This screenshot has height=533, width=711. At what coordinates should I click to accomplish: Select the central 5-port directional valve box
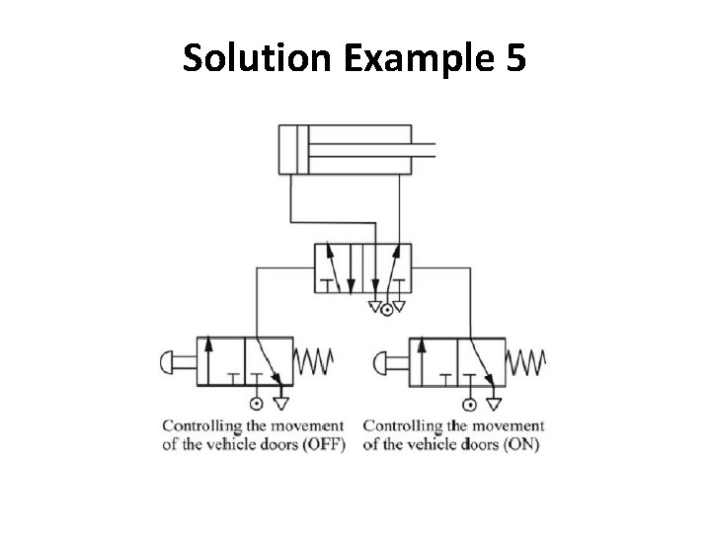362,266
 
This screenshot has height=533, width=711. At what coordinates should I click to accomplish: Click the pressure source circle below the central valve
387,309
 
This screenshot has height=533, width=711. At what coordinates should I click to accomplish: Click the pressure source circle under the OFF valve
256,404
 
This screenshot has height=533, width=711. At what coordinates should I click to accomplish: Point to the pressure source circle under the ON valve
468,404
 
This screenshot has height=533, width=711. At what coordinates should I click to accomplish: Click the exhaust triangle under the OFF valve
280,402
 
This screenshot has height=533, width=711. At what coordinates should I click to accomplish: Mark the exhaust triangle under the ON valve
493,402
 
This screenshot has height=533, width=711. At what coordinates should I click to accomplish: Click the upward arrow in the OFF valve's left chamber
208,360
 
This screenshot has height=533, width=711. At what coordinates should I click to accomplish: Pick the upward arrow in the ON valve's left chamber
422,360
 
